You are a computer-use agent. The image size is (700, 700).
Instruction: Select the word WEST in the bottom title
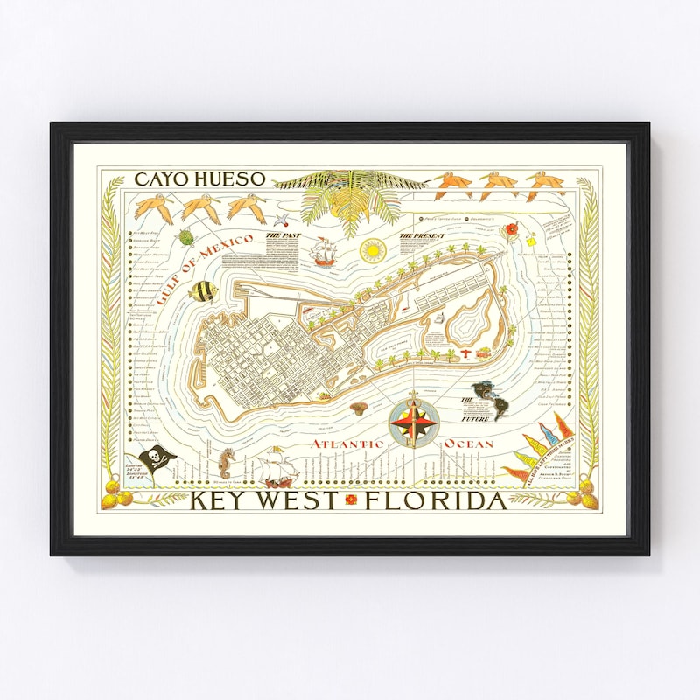(295, 501)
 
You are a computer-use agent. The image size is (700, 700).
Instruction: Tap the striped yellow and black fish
(200, 291)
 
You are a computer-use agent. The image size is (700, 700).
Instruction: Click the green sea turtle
(185, 236)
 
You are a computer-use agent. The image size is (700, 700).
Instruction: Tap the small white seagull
(282, 222)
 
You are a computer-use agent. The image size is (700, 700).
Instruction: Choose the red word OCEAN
(469, 444)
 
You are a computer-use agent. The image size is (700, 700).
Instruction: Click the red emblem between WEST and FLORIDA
(353, 500)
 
